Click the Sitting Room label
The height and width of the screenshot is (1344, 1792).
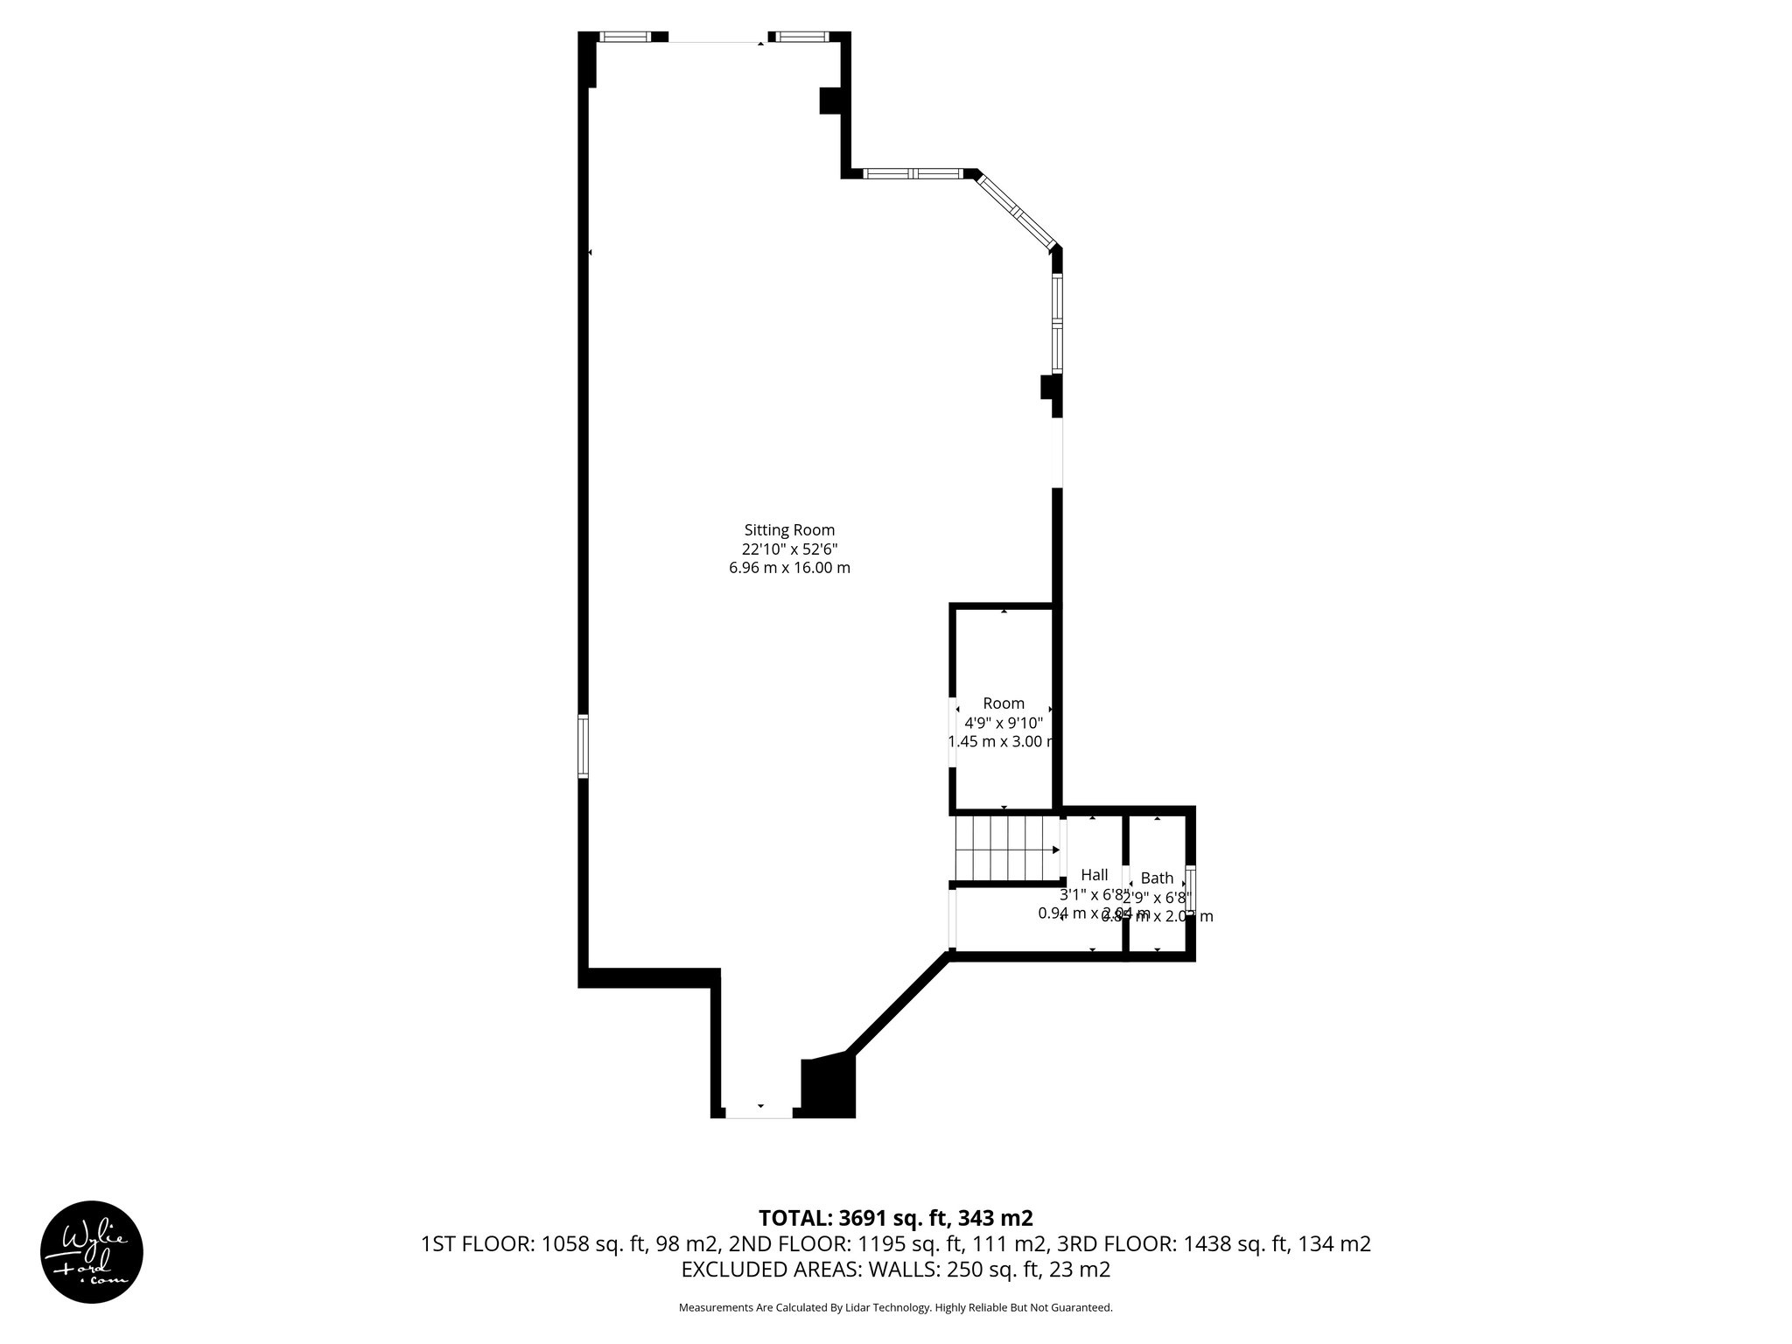pos(789,529)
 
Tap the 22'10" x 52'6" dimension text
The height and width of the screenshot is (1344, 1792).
pos(789,549)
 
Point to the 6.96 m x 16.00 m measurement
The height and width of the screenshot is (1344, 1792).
pos(789,568)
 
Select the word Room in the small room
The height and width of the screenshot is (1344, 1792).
pos(1004,703)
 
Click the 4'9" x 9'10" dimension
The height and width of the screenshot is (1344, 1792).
pos(1004,723)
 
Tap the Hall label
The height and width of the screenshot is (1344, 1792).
pos(1094,875)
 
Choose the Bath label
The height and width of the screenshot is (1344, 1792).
pos(1157,878)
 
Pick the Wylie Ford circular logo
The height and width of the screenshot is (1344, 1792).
pos(92,1251)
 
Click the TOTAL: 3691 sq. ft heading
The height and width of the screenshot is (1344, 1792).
pos(895,1218)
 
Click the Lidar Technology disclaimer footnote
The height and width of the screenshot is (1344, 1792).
pos(895,1307)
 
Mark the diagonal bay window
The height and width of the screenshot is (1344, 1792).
pos(1018,213)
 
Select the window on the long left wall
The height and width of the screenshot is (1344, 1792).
pos(583,745)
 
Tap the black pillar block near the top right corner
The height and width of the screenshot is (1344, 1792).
pos(830,100)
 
